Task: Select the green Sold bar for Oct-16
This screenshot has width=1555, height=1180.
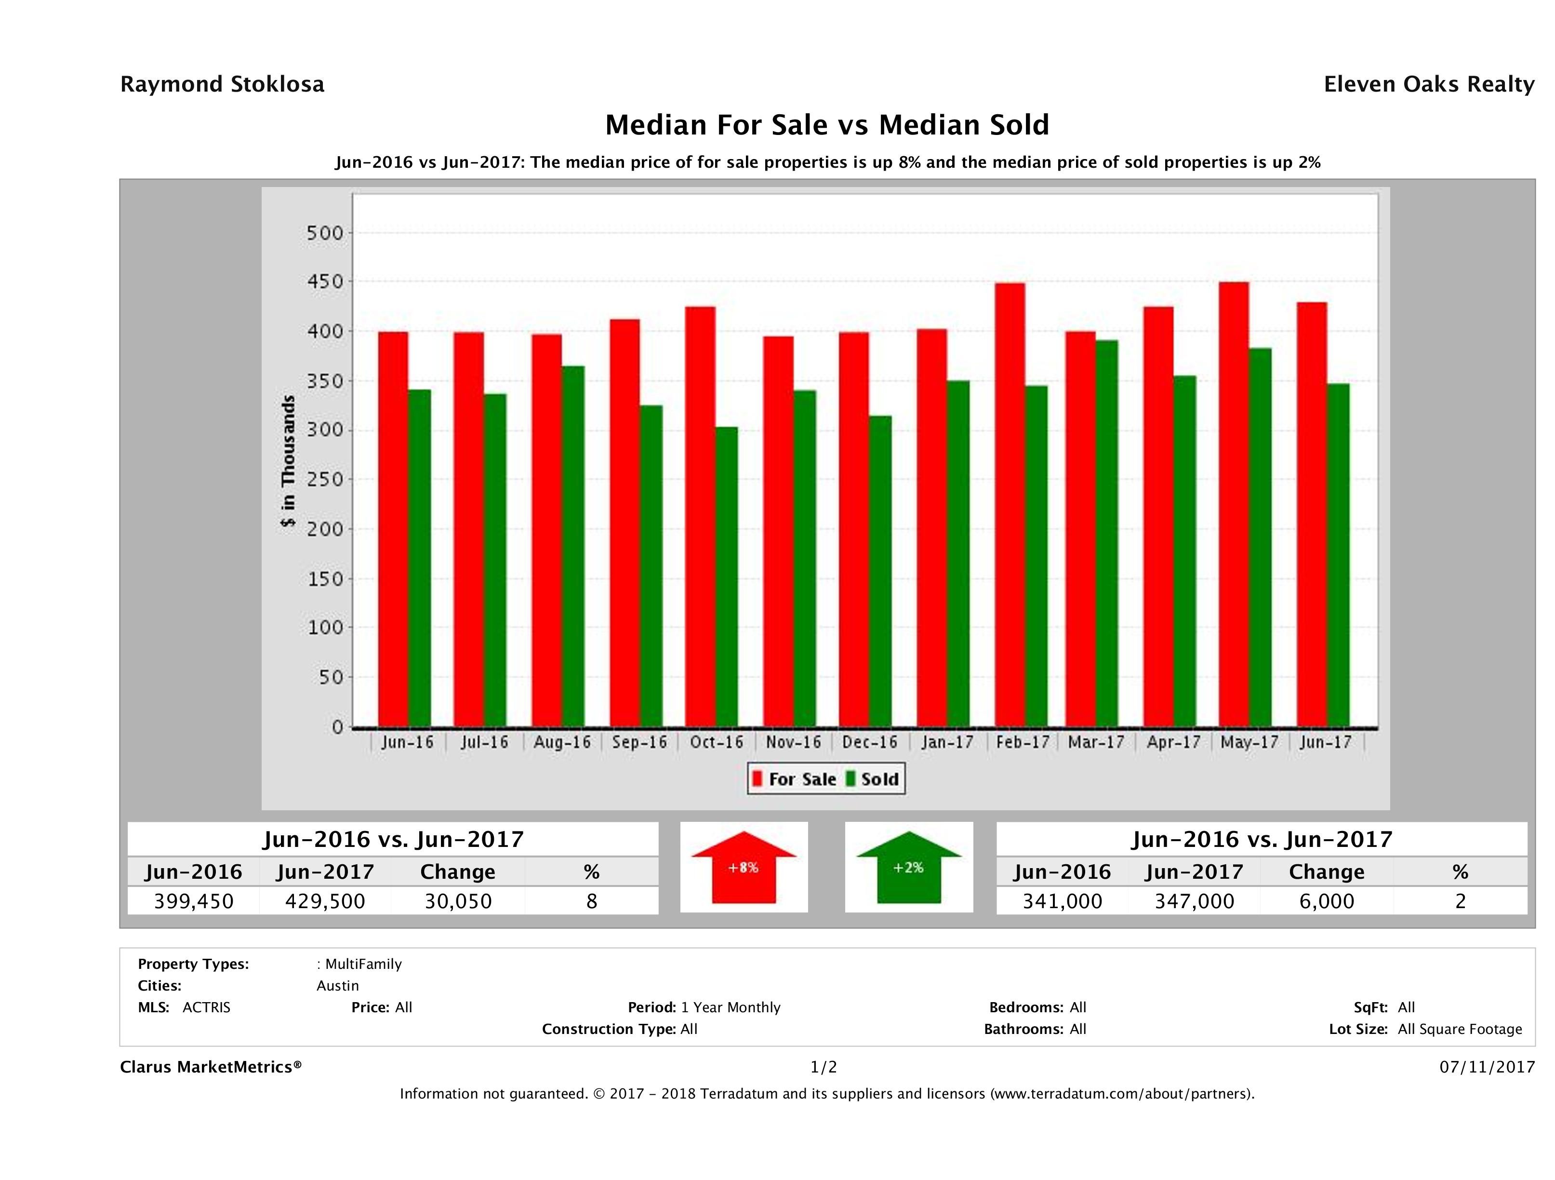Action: point(727,576)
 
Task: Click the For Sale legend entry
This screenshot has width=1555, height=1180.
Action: point(795,779)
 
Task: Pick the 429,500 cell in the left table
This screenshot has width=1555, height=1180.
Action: point(325,901)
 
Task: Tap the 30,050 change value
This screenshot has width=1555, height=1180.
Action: point(458,901)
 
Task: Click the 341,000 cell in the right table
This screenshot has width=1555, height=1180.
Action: point(1062,901)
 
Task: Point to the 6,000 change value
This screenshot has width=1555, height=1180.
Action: point(1327,901)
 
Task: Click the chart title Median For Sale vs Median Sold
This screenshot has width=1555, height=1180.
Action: point(827,125)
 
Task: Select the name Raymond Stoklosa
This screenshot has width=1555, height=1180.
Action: point(222,84)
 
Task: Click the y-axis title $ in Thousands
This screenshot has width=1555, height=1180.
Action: point(288,461)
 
